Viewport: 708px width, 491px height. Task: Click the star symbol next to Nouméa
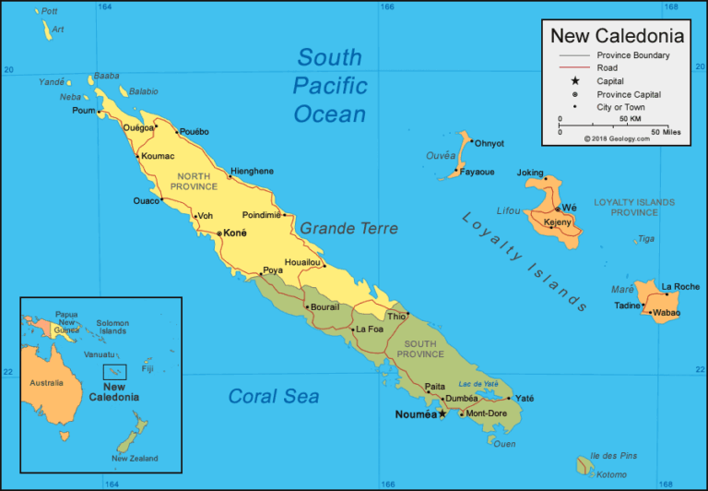pyautogui.click(x=442, y=414)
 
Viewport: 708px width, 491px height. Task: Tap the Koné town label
pyautogui.click(x=235, y=234)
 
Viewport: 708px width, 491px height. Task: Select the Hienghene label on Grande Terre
pyautogui.click(x=252, y=171)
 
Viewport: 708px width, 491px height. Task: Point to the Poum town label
pyautogui.click(x=83, y=111)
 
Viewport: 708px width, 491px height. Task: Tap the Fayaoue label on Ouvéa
pyautogui.click(x=478, y=172)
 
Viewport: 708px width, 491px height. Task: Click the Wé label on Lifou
pyautogui.click(x=569, y=208)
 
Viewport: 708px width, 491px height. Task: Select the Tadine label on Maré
pyautogui.click(x=627, y=305)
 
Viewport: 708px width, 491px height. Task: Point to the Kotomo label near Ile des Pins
pyautogui.click(x=610, y=474)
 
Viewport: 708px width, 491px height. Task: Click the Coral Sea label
pyautogui.click(x=273, y=397)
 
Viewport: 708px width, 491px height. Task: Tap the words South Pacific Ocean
pyautogui.click(x=330, y=86)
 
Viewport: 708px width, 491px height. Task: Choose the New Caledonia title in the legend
pyautogui.click(x=617, y=36)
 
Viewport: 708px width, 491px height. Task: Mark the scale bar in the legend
pyautogui.click(x=609, y=126)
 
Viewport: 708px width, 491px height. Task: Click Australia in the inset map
pyautogui.click(x=46, y=382)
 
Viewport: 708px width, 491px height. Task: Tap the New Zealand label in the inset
pyautogui.click(x=135, y=459)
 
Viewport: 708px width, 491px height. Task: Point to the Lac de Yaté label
pyautogui.click(x=478, y=383)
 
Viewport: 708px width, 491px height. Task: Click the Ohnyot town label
pyautogui.click(x=490, y=143)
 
